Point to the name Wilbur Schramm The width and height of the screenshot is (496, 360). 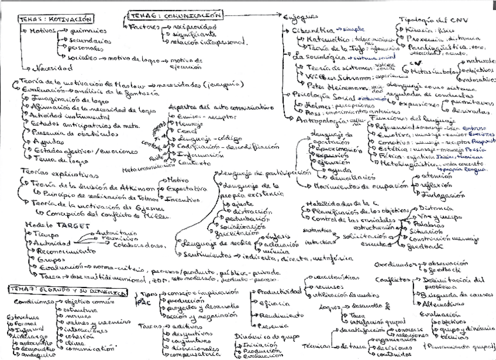click(324, 76)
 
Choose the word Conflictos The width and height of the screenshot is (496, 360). click(389, 279)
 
